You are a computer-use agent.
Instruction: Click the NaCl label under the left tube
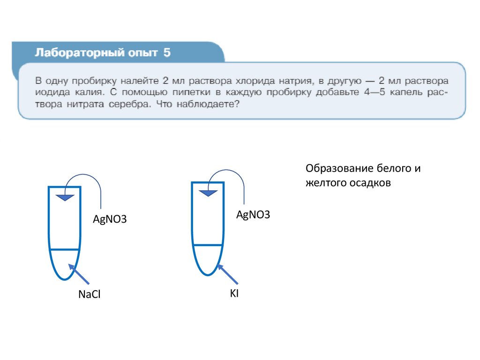click(90, 295)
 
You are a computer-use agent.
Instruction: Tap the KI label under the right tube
click(234, 294)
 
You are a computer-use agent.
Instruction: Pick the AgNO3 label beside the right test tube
click(253, 215)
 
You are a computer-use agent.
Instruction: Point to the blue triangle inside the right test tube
click(208, 192)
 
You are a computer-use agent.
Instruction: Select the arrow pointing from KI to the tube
click(228, 274)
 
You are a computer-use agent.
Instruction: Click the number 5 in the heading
click(167, 53)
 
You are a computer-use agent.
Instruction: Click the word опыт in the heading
click(143, 53)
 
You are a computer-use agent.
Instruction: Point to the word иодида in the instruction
click(51, 92)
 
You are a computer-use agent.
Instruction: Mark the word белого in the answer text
click(393, 169)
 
